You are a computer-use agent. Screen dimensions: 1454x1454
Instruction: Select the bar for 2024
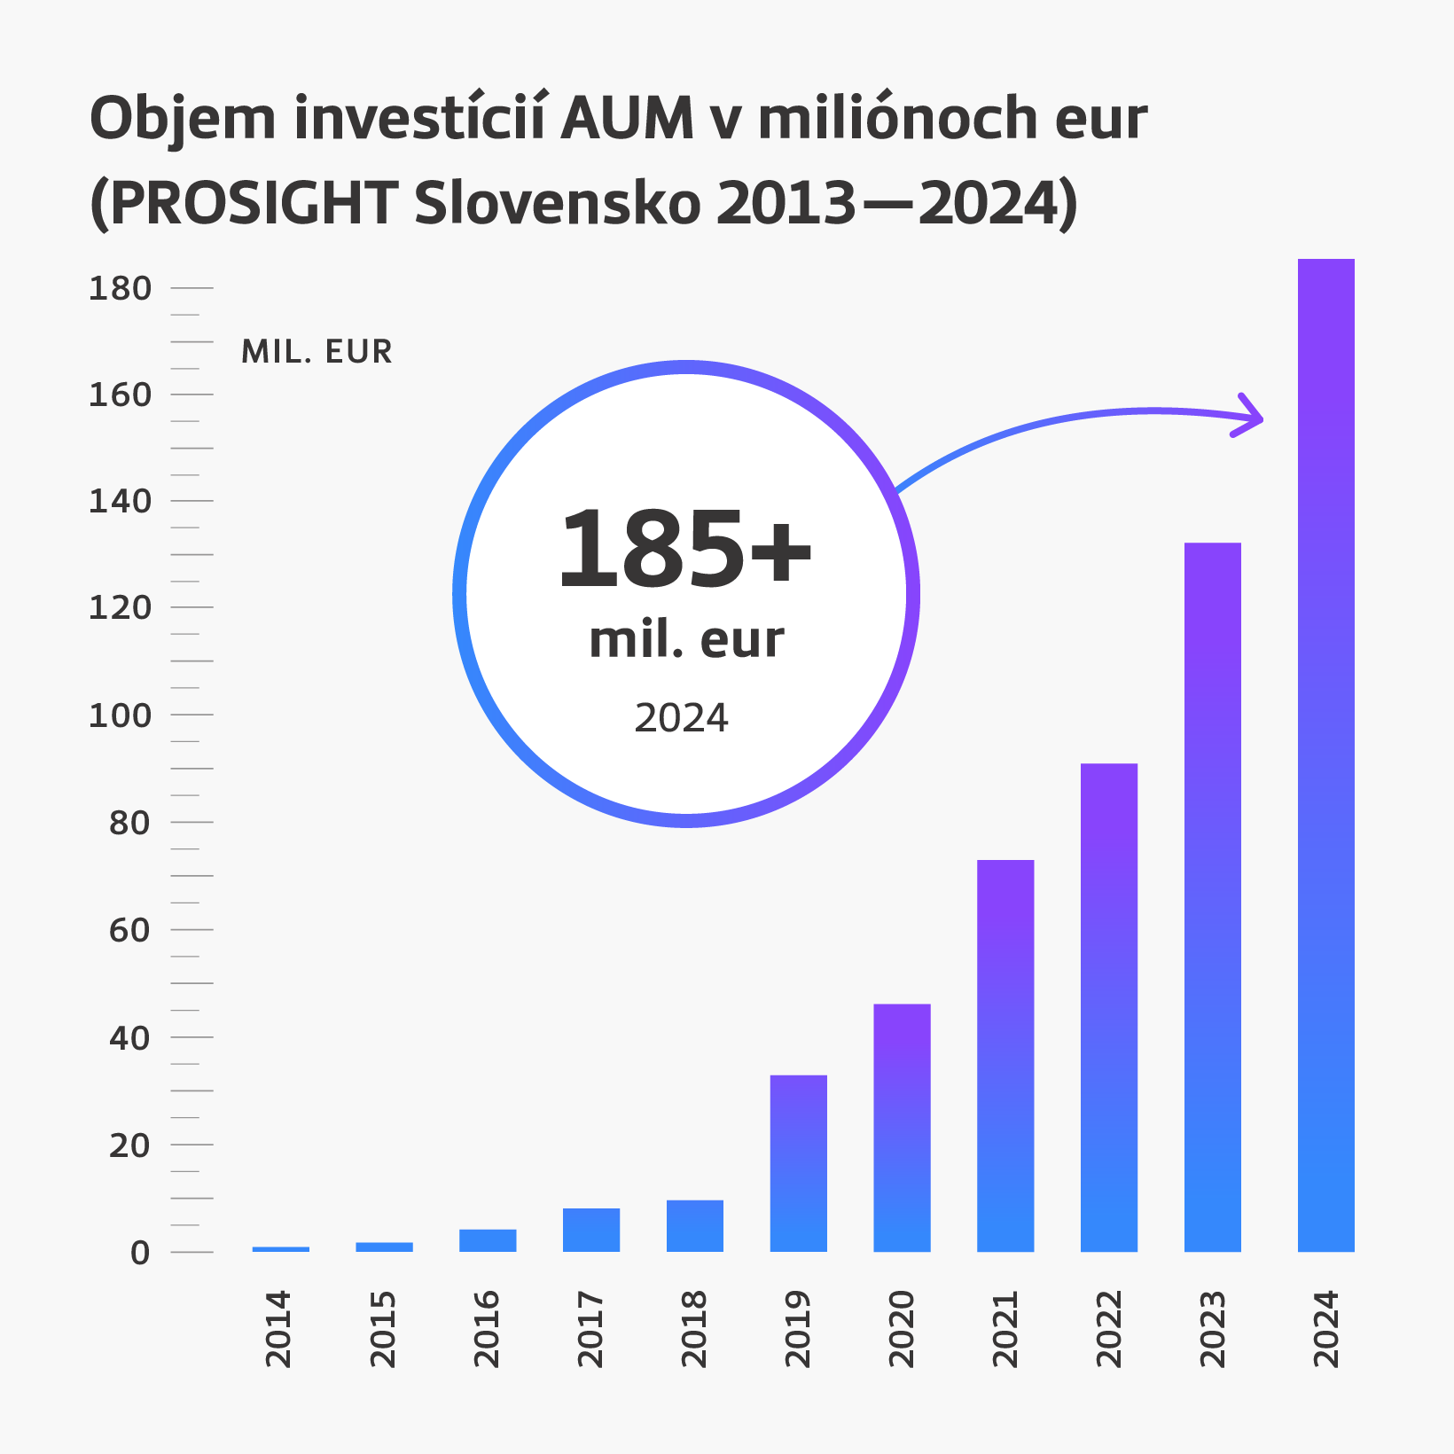[1325, 754]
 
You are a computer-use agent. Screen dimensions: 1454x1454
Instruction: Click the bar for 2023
[1212, 895]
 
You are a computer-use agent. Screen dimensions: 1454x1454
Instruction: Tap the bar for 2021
[1005, 1055]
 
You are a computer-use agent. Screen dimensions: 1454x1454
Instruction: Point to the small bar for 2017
[591, 1230]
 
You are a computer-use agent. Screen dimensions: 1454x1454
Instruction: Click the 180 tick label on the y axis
[121, 289]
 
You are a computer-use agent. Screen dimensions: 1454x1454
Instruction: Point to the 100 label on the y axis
[121, 715]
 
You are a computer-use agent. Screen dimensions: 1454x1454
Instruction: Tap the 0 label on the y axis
[140, 1253]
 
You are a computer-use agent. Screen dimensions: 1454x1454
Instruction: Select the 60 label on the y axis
[129, 931]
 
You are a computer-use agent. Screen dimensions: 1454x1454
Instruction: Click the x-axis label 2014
[278, 1329]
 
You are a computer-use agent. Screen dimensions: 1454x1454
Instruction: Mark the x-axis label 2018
[693, 1329]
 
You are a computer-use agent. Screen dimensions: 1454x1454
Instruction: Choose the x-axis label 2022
[1109, 1329]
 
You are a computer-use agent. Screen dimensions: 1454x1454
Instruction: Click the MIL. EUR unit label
[317, 352]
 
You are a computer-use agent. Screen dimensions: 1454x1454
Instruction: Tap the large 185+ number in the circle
[684, 550]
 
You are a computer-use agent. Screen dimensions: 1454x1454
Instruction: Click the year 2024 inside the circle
[681, 718]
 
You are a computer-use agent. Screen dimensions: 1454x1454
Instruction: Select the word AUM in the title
[628, 118]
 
